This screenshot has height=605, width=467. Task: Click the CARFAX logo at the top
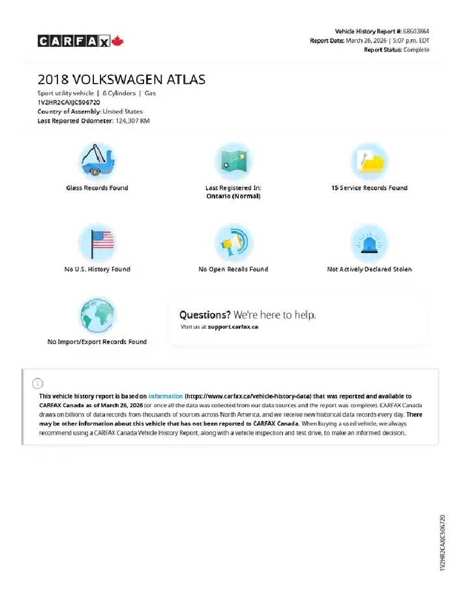tap(73, 42)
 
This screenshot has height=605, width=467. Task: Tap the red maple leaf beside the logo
tap(118, 42)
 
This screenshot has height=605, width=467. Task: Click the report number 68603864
tap(416, 31)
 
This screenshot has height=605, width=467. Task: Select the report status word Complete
tap(416, 50)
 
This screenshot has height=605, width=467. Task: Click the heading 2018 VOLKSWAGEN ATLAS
tap(121, 80)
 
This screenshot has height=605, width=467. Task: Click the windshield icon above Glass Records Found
tap(97, 161)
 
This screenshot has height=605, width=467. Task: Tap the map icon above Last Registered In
tap(233, 161)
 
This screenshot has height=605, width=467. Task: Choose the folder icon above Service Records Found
tap(369, 161)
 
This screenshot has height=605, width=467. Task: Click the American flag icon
tap(97, 241)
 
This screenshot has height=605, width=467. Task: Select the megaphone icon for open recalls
tap(233, 241)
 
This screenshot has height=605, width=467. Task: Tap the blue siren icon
tap(369, 241)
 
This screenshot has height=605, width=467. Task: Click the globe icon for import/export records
tap(97, 315)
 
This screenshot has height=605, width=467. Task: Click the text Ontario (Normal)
tap(233, 196)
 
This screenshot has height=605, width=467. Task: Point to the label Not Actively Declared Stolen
tap(369, 269)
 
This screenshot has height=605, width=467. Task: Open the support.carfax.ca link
tap(233, 326)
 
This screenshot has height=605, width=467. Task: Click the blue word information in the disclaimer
tap(166, 396)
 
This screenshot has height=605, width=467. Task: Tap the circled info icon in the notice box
tap(38, 383)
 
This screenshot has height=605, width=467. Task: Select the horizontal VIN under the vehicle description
tap(68, 102)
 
